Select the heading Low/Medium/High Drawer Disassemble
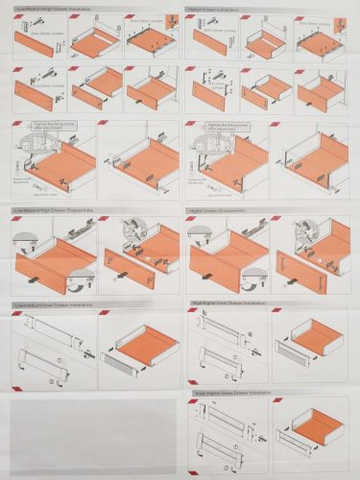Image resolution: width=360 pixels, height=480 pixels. coord(52,208)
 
